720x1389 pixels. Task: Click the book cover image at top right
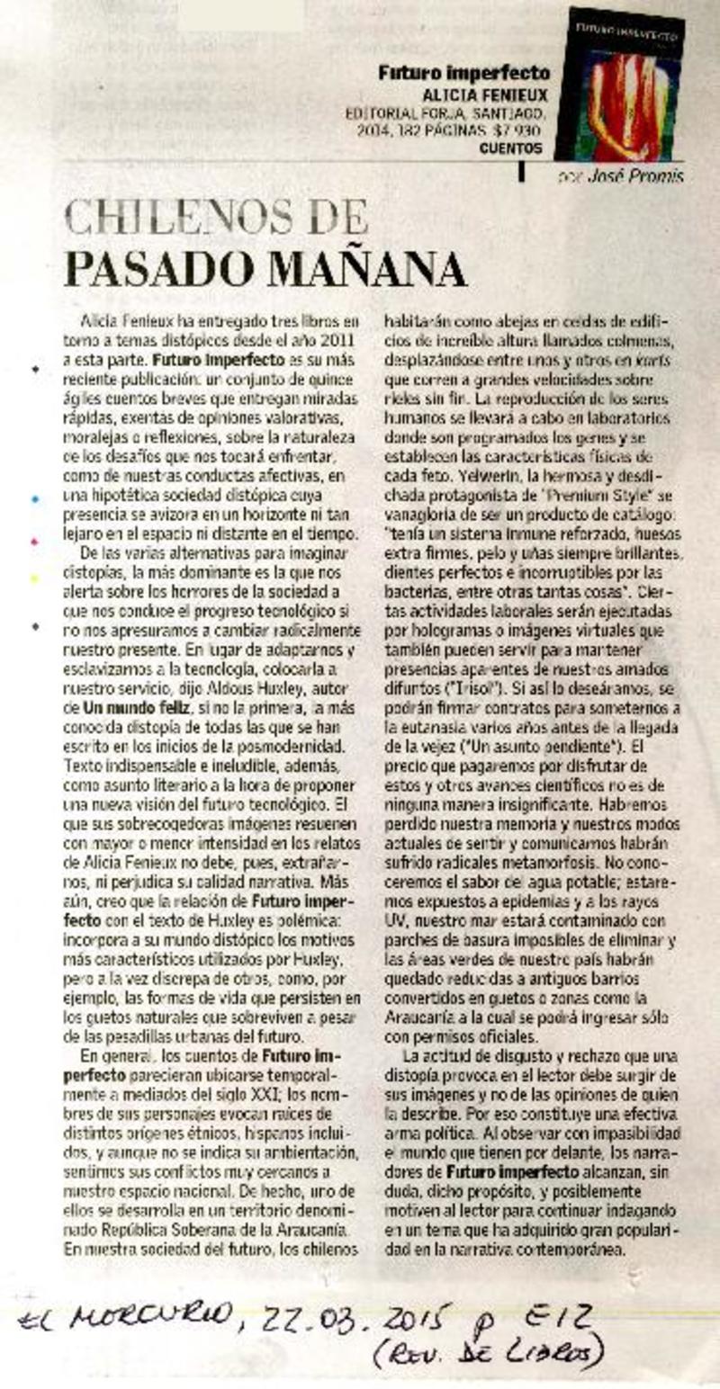[618, 85]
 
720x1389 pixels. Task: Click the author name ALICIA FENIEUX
[486, 94]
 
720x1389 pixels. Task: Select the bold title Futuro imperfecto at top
[463, 74]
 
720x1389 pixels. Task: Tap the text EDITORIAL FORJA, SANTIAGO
[445, 113]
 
